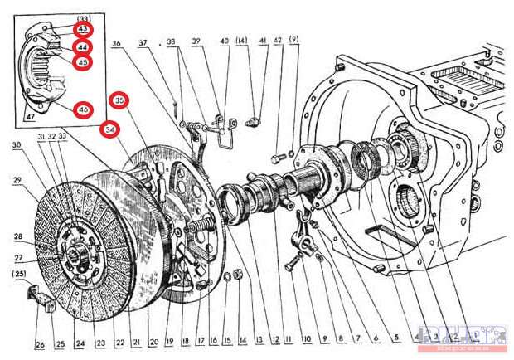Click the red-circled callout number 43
[x=83, y=29]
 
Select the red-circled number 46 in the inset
[x=83, y=110]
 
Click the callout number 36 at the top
[x=116, y=43]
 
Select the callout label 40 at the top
[x=225, y=41]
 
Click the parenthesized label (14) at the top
[x=242, y=41]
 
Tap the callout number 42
[x=278, y=41]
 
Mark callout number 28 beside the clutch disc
[x=17, y=236]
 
